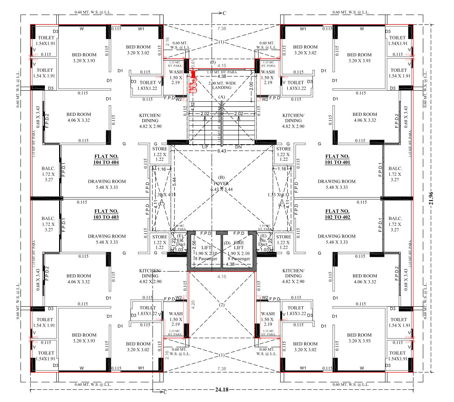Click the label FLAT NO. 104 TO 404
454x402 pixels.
point(106,159)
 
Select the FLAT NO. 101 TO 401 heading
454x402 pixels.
point(337,159)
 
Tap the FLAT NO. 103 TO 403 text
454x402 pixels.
point(106,214)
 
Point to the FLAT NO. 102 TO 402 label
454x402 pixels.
point(337,214)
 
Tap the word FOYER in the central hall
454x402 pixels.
point(221,184)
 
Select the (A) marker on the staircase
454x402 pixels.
point(221,97)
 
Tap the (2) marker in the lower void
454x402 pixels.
point(221,305)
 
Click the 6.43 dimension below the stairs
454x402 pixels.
point(222,151)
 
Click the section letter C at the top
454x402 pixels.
point(224,13)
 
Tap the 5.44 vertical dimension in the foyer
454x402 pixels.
point(173,181)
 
